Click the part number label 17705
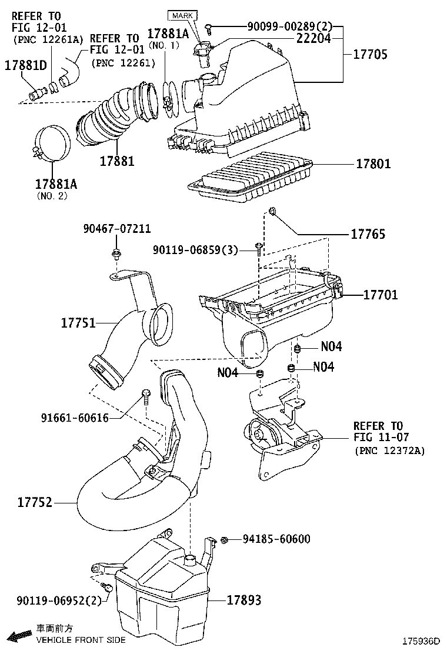point(370,55)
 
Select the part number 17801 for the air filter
point(373,164)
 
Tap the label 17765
point(368,234)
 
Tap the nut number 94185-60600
point(276,539)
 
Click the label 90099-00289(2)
point(282,26)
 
